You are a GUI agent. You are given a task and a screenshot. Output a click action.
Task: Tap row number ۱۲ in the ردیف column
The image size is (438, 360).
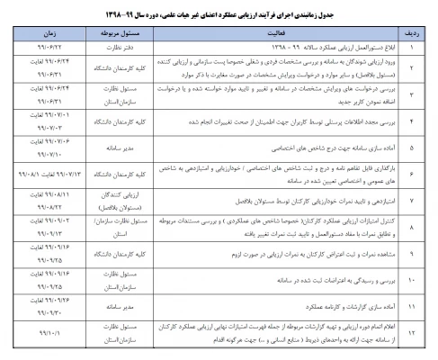415,335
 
